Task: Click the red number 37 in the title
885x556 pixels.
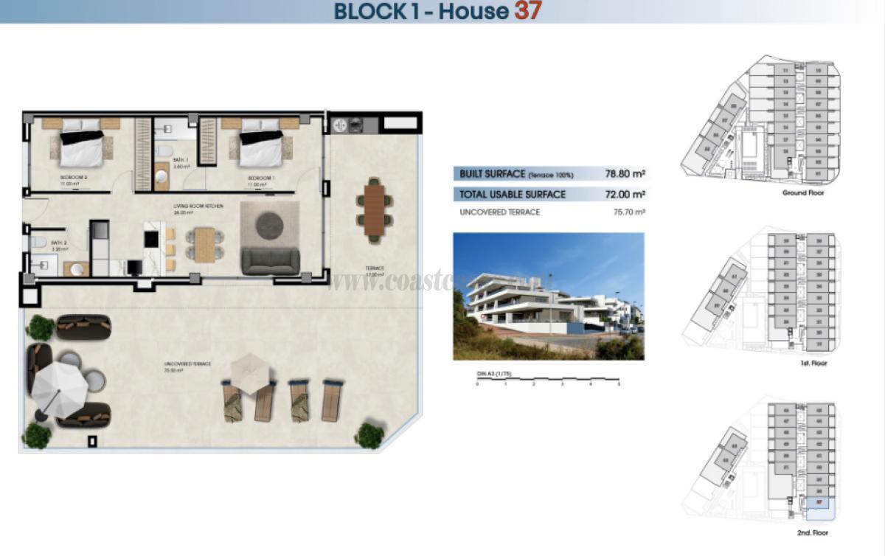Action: coord(528,11)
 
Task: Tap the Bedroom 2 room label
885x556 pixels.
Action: coord(74,178)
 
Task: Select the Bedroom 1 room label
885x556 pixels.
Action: coord(261,178)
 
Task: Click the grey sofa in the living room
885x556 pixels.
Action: coord(271,261)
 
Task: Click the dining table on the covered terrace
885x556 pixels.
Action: coord(375,208)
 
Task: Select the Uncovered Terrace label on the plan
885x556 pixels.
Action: coord(187,364)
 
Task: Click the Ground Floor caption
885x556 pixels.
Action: coord(803,193)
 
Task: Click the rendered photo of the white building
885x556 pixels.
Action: coord(548,296)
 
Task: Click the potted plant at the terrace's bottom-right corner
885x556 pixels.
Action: coord(368,435)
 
